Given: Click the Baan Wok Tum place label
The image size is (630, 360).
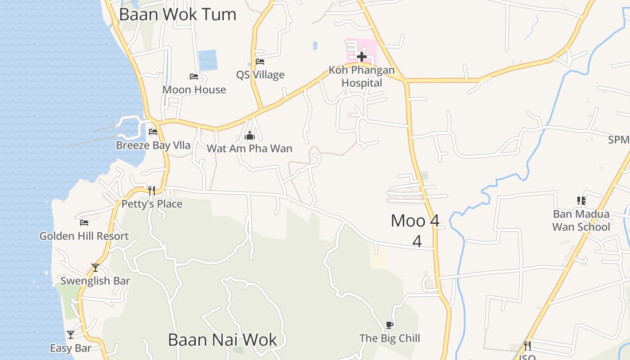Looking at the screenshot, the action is click(x=177, y=14).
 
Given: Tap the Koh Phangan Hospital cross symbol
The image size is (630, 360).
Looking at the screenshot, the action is click(x=361, y=57).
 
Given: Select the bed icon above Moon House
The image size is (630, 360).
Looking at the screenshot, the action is click(x=194, y=76).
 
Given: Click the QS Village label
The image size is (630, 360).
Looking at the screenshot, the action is click(x=260, y=75).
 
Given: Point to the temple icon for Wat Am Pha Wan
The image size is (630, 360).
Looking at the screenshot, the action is click(x=250, y=135).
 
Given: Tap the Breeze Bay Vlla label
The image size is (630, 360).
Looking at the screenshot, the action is click(x=153, y=145).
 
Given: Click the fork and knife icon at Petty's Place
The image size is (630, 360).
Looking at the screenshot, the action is click(x=152, y=191).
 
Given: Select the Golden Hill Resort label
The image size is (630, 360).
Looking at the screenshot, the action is click(x=84, y=236).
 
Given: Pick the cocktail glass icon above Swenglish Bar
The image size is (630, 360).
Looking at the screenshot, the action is click(x=95, y=268).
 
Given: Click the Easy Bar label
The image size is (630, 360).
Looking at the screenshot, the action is click(x=71, y=348).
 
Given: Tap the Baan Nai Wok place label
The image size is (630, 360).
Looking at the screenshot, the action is click(x=222, y=340).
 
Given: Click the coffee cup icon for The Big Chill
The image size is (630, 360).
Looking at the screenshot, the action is click(x=390, y=325).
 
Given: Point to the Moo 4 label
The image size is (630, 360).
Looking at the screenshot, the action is click(x=415, y=221).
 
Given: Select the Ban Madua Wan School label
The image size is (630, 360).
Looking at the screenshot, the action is click(x=581, y=220).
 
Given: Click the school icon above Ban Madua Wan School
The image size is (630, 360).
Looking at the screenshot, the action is click(x=581, y=201).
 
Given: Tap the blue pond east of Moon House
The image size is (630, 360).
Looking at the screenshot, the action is click(x=208, y=60).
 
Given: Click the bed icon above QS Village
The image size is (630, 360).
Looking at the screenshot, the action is click(x=260, y=62).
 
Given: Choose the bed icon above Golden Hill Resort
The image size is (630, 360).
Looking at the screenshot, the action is click(x=84, y=222).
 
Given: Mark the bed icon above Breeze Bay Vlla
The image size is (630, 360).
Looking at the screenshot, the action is click(x=153, y=132).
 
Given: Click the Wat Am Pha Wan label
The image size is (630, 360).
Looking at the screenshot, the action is click(x=249, y=148).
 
